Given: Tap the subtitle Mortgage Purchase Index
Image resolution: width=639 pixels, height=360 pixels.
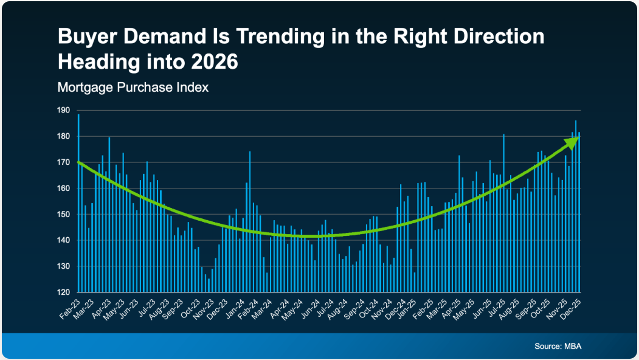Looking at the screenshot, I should tap(133, 88).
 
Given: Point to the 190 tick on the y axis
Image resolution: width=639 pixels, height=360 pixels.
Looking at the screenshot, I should tap(64, 111).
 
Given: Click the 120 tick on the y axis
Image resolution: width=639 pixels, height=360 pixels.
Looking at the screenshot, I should tap(64, 292).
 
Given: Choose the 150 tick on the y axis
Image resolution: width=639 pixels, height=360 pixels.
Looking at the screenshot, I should tap(64, 215).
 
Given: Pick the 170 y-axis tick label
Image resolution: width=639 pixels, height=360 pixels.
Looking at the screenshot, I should tap(64, 162).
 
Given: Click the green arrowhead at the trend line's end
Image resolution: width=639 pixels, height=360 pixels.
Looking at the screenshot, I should tap(572, 141).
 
